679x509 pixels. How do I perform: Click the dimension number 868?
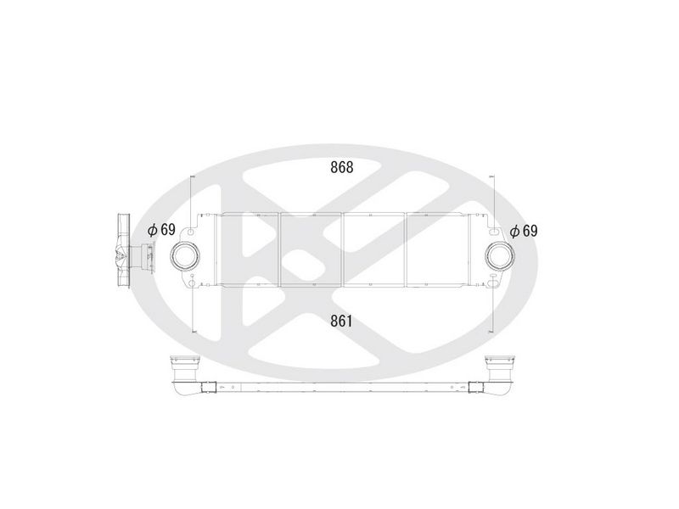coord(342,166)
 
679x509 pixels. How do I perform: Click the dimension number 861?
coord(342,321)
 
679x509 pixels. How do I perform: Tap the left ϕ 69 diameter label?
coord(161,230)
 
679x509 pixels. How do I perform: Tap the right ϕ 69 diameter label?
coord(524,231)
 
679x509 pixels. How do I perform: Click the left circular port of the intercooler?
coord(186,256)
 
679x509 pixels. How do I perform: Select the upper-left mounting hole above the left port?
coord(191,232)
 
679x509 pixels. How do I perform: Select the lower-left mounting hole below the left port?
coord(192,283)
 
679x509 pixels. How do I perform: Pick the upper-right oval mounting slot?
coord(493,232)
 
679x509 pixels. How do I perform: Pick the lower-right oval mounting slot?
coord(493,283)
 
